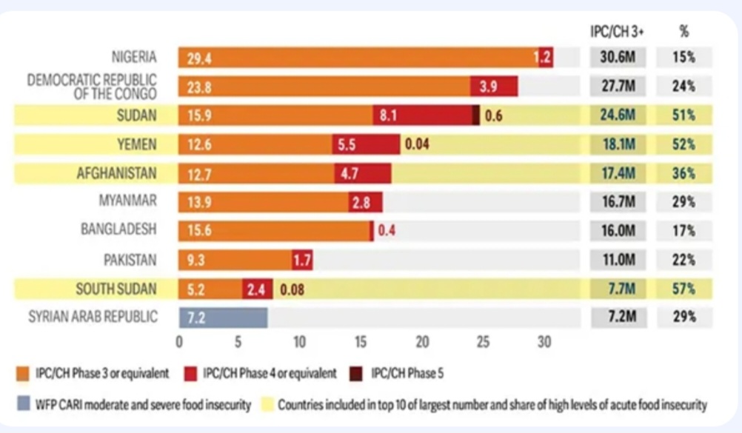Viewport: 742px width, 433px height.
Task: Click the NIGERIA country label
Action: [x=134, y=57]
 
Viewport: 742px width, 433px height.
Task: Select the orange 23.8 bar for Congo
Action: [x=324, y=86]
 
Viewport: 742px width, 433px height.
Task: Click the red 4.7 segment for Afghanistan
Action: [x=362, y=174]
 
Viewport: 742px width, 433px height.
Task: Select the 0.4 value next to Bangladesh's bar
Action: [x=387, y=230]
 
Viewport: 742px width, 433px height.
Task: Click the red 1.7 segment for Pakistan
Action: [x=302, y=260]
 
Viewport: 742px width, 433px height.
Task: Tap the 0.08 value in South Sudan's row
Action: [x=292, y=289]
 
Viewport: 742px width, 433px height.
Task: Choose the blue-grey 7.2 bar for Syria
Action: [x=223, y=317]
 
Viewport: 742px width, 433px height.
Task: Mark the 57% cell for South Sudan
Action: [x=683, y=289]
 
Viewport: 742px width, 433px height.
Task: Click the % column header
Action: [x=683, y=30]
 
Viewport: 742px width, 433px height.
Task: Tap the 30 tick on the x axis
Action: [x=544, y=343]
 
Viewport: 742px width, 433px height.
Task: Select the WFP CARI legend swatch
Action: [x=21, y=404]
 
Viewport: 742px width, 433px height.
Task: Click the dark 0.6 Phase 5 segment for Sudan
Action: [x=476, y=115]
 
